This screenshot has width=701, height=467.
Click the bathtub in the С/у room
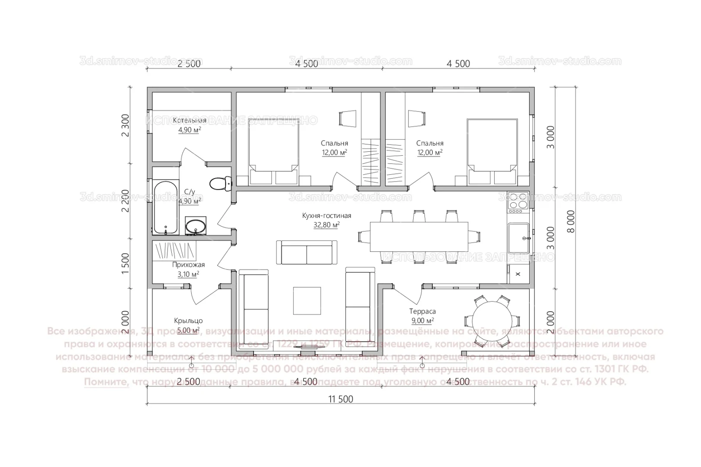click(165, 208)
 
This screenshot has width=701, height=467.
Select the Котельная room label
click(190, 120)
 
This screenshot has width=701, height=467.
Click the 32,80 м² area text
click(326, 225)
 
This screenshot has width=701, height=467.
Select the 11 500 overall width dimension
click(341, 399)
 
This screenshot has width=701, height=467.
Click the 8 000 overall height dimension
click(571, 222)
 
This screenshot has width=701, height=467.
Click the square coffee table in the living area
click(307, 301)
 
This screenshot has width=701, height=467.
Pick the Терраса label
click(422, 311)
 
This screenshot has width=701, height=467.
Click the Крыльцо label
click(188, 321)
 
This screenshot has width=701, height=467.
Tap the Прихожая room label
click(188, 265)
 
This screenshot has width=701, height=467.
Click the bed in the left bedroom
click(273, 151)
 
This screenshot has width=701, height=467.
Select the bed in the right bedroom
click(492, 151)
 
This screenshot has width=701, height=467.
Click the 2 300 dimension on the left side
click(125, 125)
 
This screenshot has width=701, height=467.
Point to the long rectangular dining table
click(419, 237)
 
